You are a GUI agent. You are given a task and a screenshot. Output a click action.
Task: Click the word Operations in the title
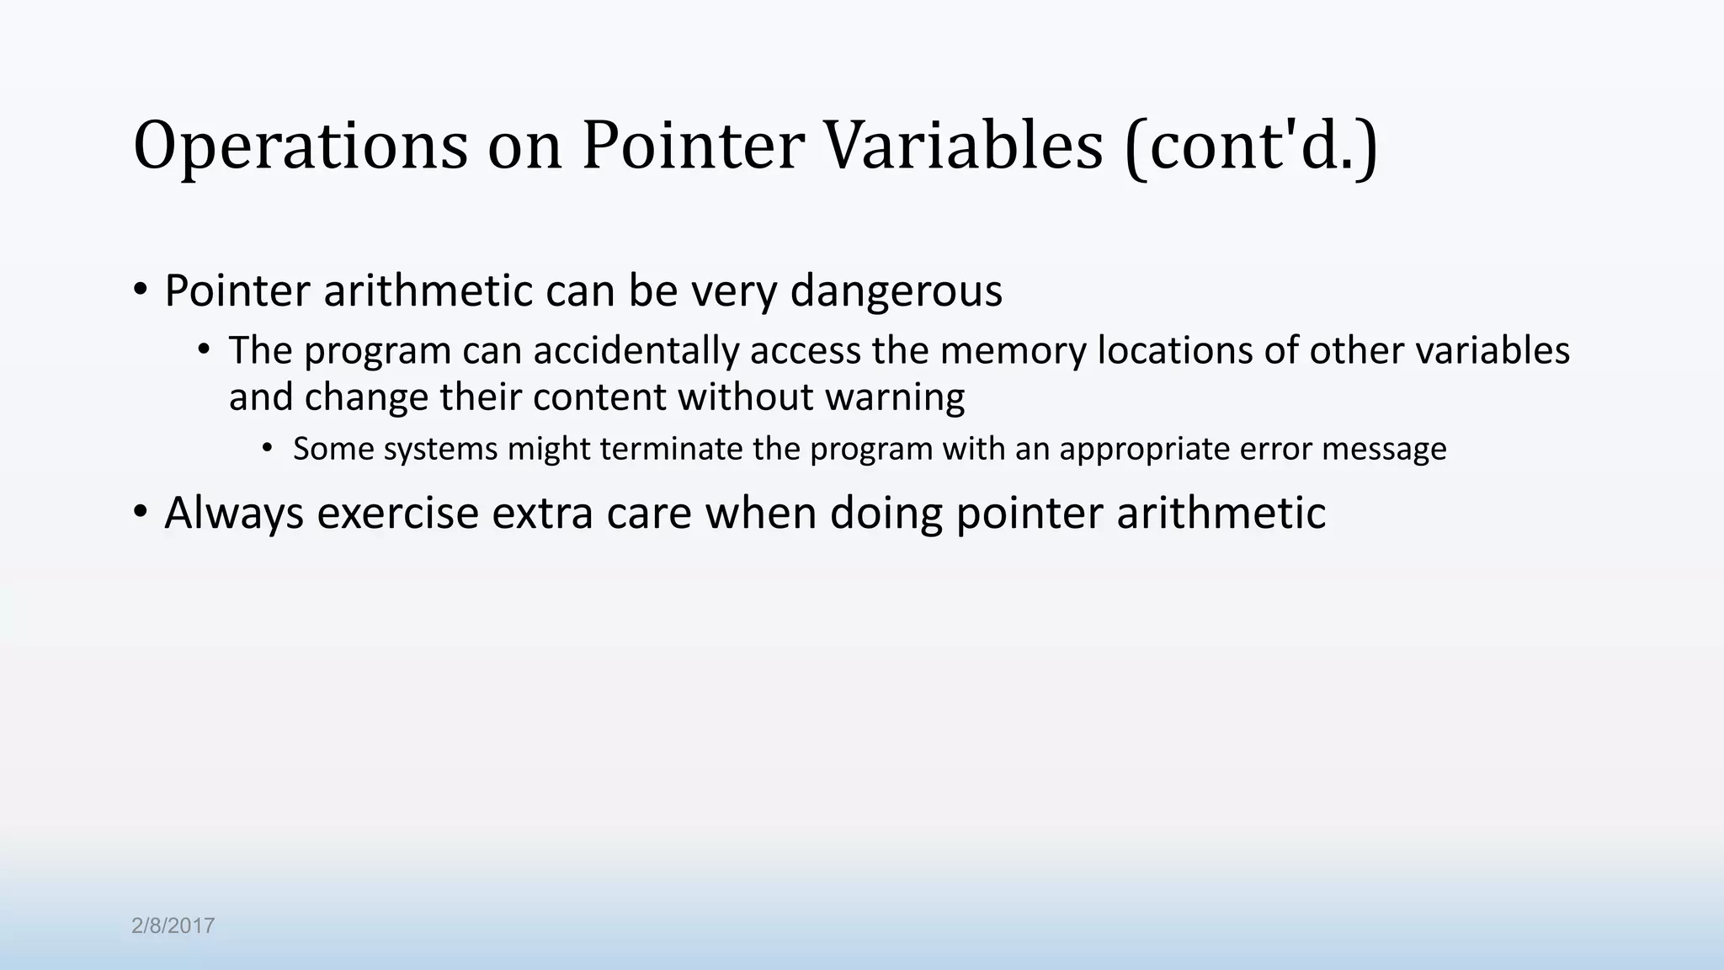(x=301, y=147)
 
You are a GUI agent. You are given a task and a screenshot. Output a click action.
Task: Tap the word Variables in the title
(x=962, y=147)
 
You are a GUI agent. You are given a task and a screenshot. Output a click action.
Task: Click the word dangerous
(x=897, y=291)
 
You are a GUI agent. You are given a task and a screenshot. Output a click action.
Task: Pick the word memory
(x=1013, y=351)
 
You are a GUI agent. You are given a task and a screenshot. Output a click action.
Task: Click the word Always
(x=234, y=514)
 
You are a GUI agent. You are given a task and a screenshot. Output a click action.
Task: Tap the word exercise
(x=397, y=514)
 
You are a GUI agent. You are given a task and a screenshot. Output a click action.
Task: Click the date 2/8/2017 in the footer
(x=173, y=926)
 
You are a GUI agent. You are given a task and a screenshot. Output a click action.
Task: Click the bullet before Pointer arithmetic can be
(x=141, y=290)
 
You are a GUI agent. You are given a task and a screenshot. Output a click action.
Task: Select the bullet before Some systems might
(x=268, y=449)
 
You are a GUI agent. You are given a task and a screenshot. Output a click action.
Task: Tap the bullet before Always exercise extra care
(x=141, y=512)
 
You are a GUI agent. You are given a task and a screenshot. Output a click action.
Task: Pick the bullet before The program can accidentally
(x=204, y=350)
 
